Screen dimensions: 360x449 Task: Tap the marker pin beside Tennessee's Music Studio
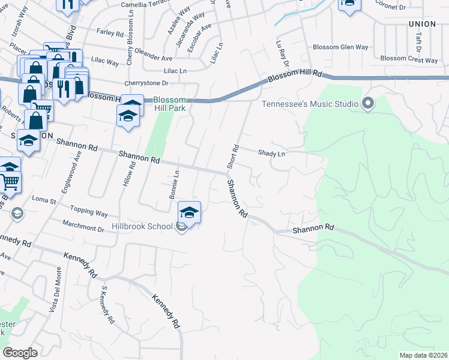pyautogui.click(x=368, y=104)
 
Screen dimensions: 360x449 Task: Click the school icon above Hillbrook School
pyautogui.click(x=189, y=213)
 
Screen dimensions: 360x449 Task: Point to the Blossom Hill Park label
pyautogui.click(x=169, y=104)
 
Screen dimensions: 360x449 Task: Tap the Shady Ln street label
pyautogui.click(x=271, y=154)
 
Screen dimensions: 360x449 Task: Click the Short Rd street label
pyautogui.click(x=232, y=156)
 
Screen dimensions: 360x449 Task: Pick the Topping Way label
pyautogui.click(x=89, y=214)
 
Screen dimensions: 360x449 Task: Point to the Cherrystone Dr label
pyautogui.click(x=146, y=83)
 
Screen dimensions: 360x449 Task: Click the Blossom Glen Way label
pyautogui.click(x=340, y=47)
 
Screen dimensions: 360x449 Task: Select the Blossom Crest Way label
pyautogui.click(x=409, y=59)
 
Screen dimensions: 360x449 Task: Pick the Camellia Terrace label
pyautogui.click(x=146, y=4)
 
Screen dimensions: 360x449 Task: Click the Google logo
pyautogui.click(x=20, y=353)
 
